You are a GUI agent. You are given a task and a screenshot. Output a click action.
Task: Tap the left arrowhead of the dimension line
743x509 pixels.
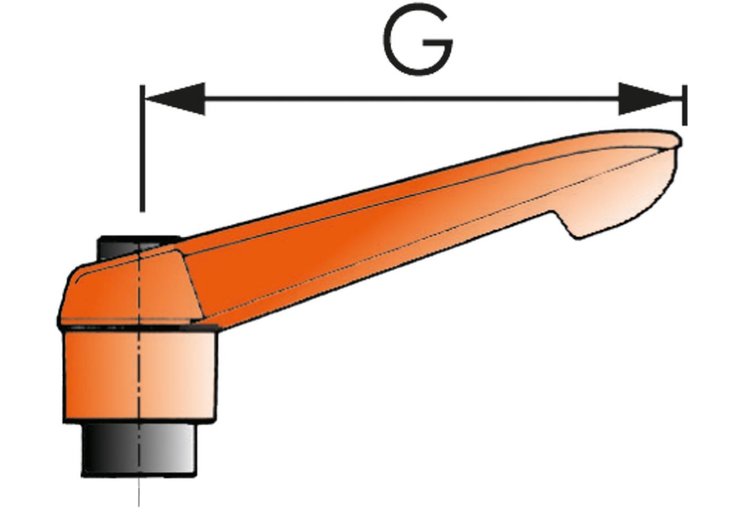click(175, 98)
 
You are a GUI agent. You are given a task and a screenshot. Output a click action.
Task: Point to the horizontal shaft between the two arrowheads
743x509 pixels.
click(412, 98)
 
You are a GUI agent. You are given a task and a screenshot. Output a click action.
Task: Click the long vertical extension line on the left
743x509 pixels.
click(142, 148)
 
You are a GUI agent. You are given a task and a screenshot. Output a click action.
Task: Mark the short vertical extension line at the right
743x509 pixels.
click(684, 105)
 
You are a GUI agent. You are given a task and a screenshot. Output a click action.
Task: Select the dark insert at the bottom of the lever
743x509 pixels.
click(139, 450)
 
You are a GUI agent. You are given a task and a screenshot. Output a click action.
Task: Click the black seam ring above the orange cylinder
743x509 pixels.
click(137, 328)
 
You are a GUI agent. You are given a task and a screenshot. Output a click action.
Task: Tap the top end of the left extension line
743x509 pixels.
click(142, 86)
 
